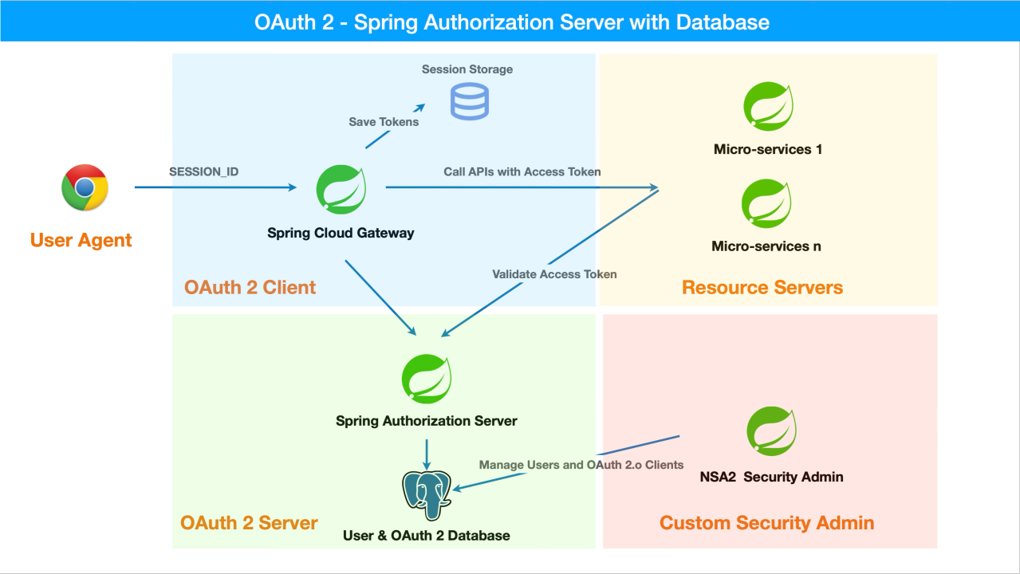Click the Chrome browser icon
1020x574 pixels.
click(x=85, y=187)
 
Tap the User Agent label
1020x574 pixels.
click(x=81, y=240)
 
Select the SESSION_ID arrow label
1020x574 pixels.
click(x=203, y=171)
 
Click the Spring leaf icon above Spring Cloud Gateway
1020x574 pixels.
click(x=341, y=189)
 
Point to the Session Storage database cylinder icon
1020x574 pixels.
click(x=469, y=101)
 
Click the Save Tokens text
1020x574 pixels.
click(x=384, y=122)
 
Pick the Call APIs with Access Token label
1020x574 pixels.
click(x=522, y=171)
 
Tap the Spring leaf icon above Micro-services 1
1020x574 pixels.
click(x=768, y=106)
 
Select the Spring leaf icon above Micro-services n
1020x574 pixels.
click(x=767, y=203)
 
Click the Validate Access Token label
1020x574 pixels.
click(x=554, y=273)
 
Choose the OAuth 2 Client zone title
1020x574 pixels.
click(x=250, y=288)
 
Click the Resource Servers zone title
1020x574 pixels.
click(x=762, y=288)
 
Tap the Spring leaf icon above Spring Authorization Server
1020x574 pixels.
click(x=427, y=379)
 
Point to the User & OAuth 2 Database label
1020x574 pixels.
click(x=426, y=536)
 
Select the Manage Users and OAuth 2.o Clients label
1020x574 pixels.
click(x=581, y=465)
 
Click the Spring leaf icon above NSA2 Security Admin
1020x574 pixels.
click(x=771, y=431)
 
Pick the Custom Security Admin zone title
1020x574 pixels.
click(x=766, y=523)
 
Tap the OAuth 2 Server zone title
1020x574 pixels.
click(x=249, y=523)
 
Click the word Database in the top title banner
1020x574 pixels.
click(x=723, y=22)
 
